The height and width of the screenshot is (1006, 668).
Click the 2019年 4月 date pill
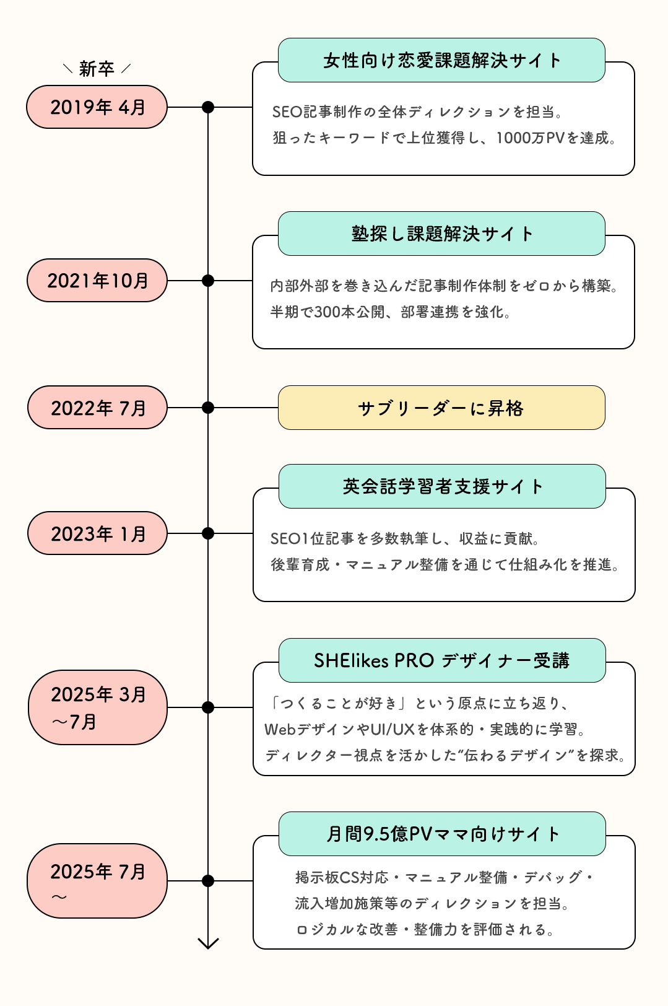click(97, 107)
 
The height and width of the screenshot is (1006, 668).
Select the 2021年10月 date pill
click(97, 281)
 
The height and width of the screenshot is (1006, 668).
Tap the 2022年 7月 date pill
click(97, 408)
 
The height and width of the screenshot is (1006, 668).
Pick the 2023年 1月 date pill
click(97, 533)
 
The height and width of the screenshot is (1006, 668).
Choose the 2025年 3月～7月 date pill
click(97, 707)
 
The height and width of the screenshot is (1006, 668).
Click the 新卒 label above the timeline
click(97, 69)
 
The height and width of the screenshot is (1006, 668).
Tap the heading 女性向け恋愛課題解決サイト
click(441, 60)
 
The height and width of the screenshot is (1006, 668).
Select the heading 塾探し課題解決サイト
click(441, 234)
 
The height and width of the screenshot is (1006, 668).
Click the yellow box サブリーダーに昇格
click(441, 408)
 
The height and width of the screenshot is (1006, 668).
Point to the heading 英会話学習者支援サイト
click(442, 486)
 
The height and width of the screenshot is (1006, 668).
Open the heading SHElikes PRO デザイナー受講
click(442, 660)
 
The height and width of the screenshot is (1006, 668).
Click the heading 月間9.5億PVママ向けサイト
click(442, 834)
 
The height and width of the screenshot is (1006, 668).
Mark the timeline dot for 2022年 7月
click(208, 408)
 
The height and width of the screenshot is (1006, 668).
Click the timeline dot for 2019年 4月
click(208, 107)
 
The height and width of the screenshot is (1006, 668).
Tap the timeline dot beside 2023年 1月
click(208, 533)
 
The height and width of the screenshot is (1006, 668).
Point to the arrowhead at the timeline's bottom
click(208, 943)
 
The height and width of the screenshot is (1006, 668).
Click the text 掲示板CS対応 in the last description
click(341, 877)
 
